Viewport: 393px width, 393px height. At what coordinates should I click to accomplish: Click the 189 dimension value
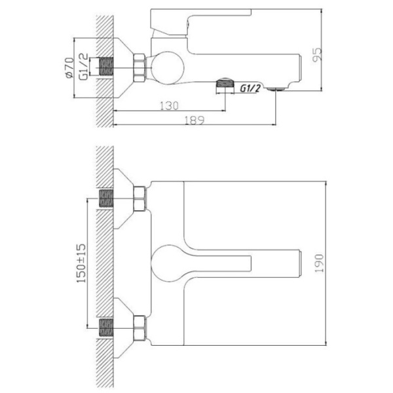coord(195,120)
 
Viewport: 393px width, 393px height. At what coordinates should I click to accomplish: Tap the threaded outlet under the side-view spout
coord(225,83)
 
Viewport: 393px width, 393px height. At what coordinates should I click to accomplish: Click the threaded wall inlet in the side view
coord(106,66)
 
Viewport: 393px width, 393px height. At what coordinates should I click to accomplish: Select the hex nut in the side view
coord(140,67)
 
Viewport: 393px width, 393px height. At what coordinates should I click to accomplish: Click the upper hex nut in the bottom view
coord(139,199)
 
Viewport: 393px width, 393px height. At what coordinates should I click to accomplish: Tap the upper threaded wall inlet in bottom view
coord(106,199)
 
